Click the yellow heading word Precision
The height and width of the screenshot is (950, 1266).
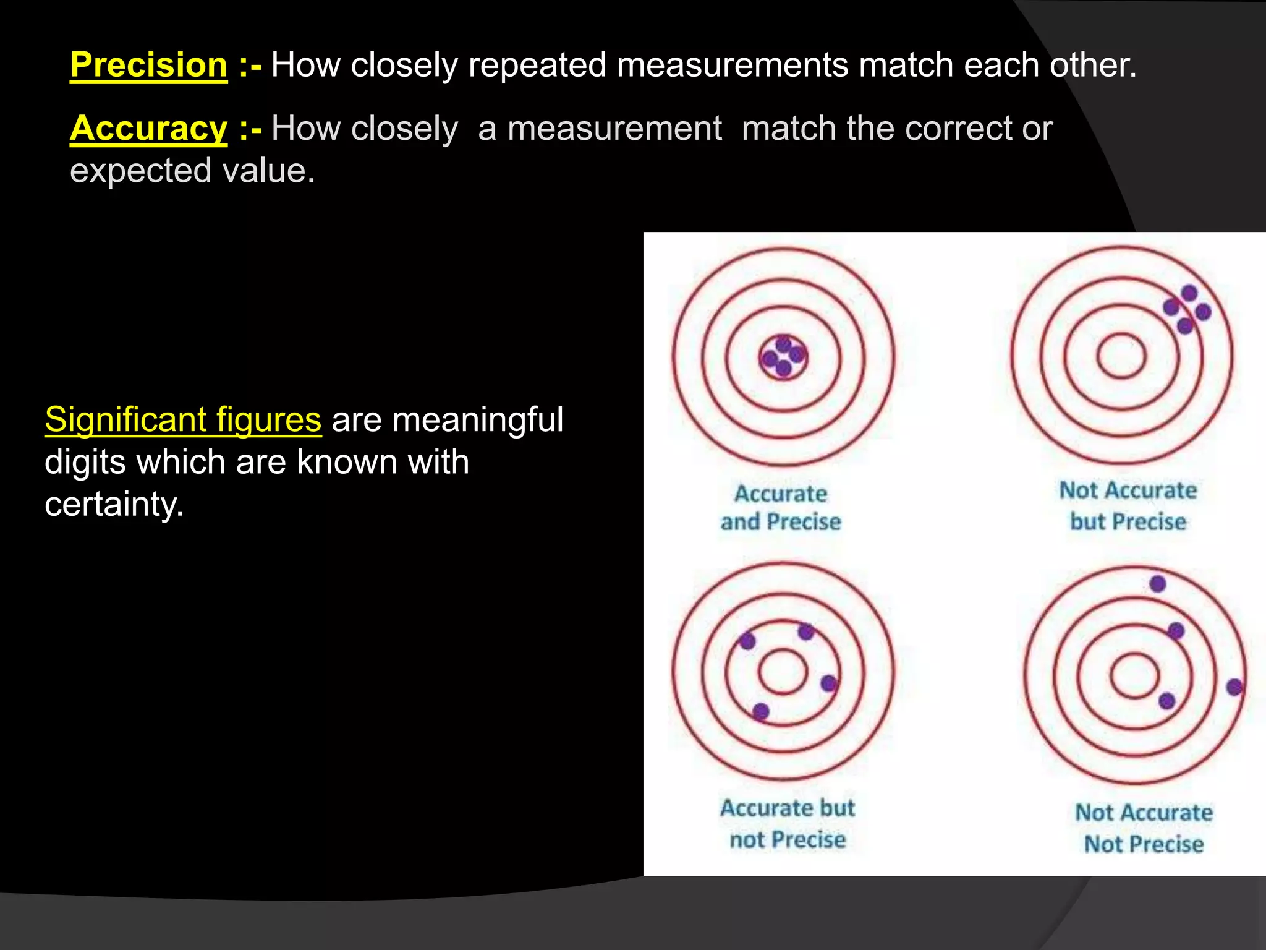point(148,65)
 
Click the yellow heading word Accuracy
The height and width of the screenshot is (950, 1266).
point(148,129)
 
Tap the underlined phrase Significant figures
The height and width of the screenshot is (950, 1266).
point(183,419)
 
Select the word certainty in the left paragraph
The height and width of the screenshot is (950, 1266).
point(113,504)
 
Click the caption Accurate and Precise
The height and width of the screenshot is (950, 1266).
point(781,507)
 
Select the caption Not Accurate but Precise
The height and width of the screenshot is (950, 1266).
point(1128,505)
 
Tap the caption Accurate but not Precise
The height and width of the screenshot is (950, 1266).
point(787,823)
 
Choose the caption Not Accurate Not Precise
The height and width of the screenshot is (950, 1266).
point(1144,828)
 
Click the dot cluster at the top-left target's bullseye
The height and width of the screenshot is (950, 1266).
point(783,357)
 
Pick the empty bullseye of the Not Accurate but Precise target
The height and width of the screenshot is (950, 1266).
point(1121,356)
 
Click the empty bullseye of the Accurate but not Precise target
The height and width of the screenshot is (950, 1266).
point(783,671)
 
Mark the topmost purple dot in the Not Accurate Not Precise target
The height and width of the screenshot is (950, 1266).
point(1157,583)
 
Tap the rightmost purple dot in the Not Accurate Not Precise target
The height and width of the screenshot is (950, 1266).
point(1234,687)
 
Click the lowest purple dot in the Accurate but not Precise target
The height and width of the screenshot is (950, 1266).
point(761,711)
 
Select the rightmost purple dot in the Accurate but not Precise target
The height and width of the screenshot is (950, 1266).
point(828,683)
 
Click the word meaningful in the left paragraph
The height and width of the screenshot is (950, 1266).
point(477,419)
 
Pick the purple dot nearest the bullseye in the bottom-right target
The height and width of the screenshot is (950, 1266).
point(1166,701)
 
